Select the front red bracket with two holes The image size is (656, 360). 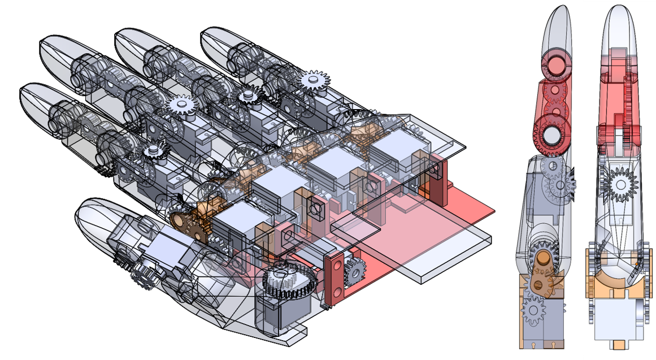tap(334, 277)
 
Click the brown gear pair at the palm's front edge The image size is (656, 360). tap(189, 225)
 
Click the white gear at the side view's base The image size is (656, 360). tap(535, 310)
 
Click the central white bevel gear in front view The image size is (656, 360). tap(620, 184)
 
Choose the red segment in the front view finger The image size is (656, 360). tap(620, 102)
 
